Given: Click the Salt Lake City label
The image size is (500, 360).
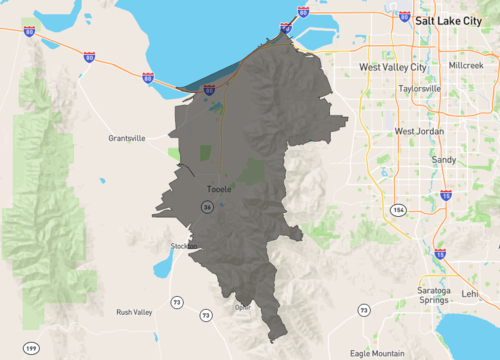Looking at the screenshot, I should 447,19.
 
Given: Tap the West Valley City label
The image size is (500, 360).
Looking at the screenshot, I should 393,67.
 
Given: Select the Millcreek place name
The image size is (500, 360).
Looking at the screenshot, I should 466,64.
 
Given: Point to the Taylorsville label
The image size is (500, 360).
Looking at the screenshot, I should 419,88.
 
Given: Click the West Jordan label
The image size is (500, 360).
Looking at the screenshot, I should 418,131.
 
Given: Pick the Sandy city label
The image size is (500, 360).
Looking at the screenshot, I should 443,159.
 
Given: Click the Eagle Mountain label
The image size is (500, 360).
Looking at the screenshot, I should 378,352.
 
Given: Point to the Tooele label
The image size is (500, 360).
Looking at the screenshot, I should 218,188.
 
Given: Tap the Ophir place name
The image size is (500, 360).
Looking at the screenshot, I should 243,307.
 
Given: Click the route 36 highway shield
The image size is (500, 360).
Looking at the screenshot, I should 207,207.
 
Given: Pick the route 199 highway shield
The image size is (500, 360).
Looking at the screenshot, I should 32,347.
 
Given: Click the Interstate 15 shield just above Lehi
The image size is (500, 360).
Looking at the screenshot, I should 440,254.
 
